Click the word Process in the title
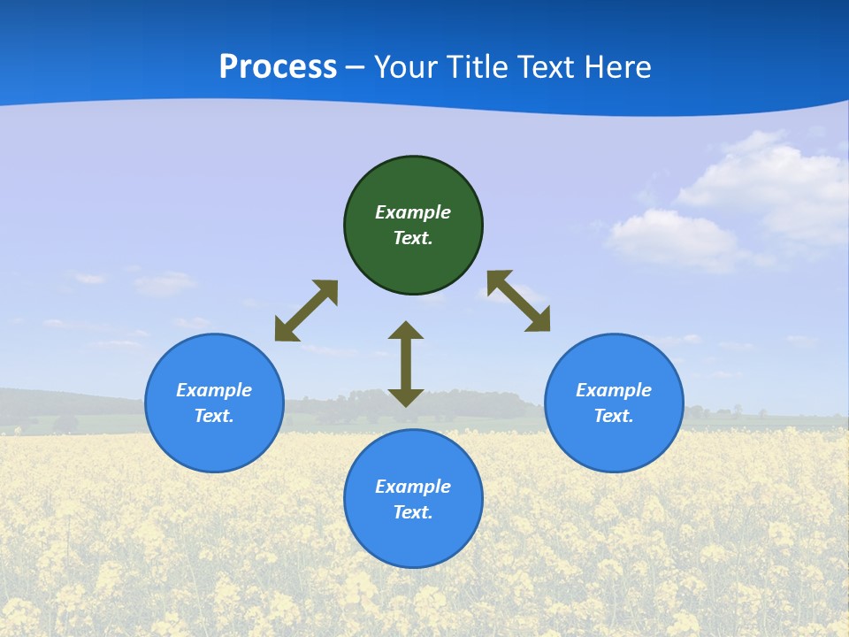coord(278,67)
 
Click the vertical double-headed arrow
coord(406,364)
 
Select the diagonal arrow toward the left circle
coord(306,311)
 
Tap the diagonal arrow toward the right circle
coord(518,301)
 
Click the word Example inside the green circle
coord(413,212)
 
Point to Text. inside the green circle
coord(413,238)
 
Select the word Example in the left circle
coord(214,390)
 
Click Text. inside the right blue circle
coord(614,416)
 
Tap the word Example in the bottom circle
coord(413,487)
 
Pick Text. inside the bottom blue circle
coord(413,512)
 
